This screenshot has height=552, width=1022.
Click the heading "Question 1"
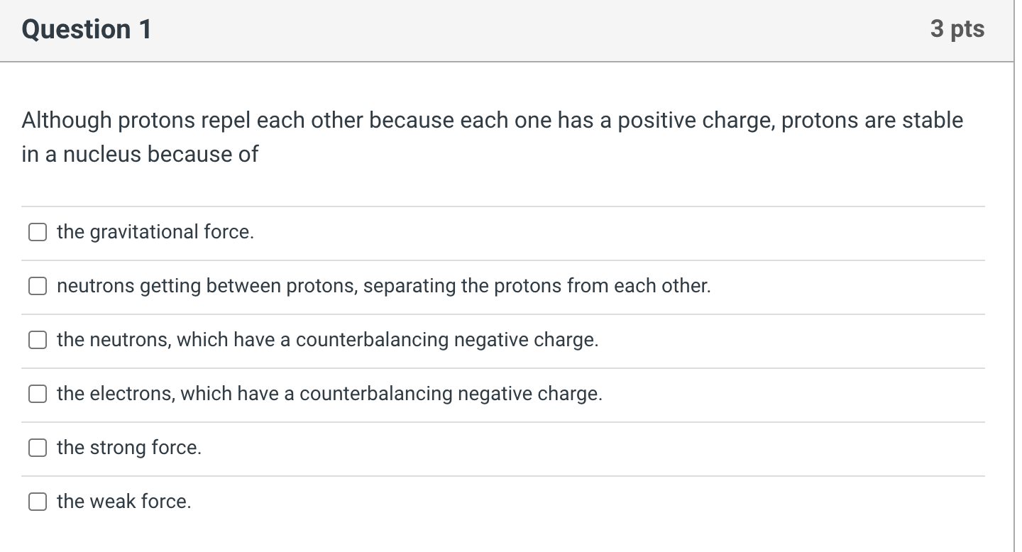click(86, 29)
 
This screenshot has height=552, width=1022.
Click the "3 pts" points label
click(957, 29)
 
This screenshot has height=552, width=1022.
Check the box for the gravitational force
click(38, 232)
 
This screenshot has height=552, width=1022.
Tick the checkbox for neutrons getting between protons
click(38, 286)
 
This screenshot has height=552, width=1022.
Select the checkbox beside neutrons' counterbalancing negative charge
click(38, 340)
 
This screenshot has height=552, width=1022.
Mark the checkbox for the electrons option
click(38, 394)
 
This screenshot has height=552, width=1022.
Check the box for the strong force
click(38, 448)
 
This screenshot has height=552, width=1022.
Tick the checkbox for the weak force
click(38, 502)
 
